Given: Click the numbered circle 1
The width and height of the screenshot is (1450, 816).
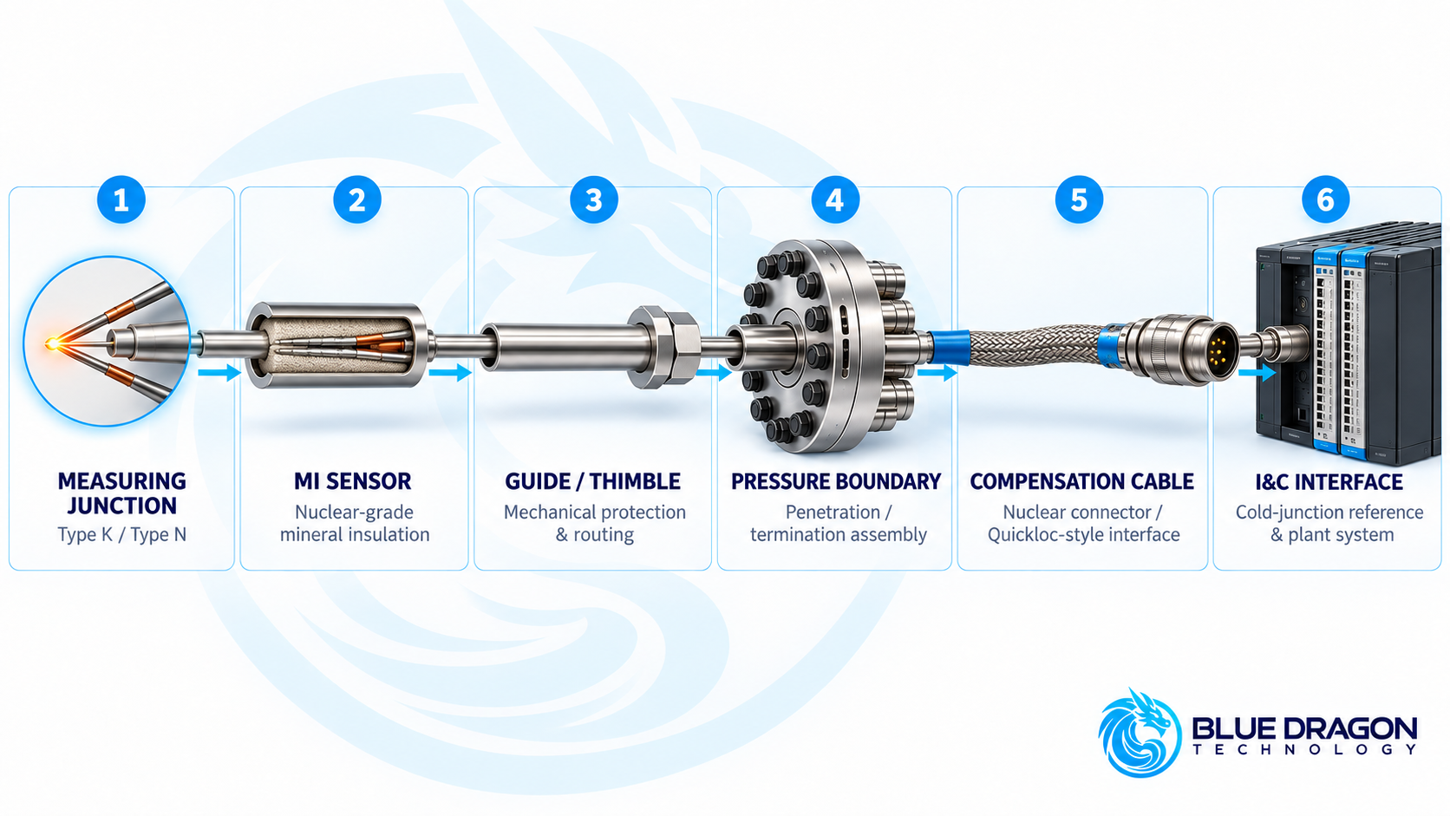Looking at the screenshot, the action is [x=121, y=199].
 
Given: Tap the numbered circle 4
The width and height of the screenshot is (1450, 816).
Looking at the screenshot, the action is [x=835, y=199].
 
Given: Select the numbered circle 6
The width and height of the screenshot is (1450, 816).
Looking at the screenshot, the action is [x=1325, y=199].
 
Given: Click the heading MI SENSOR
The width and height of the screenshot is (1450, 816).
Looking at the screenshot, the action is [x=353, y=481].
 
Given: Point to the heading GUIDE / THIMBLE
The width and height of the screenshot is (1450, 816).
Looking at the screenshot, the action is [x=592, y=481].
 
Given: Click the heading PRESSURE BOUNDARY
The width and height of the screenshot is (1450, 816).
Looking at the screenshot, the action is [x=836, y=481].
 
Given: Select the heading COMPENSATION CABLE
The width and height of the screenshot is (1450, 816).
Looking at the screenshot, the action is [x=1081, y=481].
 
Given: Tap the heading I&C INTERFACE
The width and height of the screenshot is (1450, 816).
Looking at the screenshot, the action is [x=1329, y=482].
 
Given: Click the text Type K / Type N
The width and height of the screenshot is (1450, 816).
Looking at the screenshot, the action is [x=121, y=534].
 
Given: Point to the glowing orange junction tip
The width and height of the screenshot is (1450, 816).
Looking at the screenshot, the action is [x=52, y=343].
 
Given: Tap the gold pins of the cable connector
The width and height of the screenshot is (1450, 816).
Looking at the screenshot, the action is [x=1219, y=349].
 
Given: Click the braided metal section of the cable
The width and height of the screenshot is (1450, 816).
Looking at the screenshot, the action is [x=1034, y=347].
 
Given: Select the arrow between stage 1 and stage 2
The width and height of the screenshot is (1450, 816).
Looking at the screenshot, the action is [x=219, y=372].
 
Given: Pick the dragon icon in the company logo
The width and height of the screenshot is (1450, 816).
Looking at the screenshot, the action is [x=1140, y=733].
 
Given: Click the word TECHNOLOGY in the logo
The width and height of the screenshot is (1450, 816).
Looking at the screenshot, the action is [x=1305, y=749].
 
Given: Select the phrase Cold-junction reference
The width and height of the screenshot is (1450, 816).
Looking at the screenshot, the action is [x=1329, y=512].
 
